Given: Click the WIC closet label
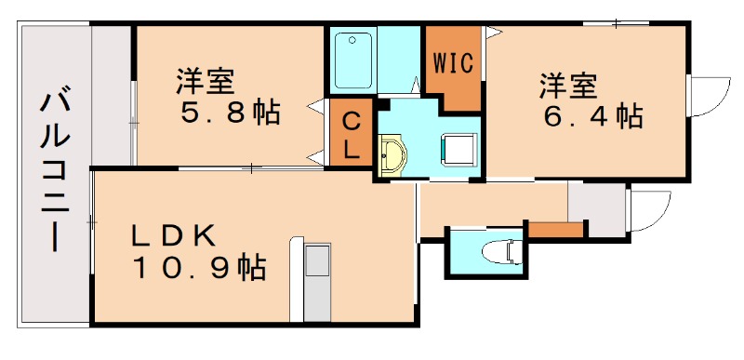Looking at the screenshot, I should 454,63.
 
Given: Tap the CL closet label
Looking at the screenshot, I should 352,136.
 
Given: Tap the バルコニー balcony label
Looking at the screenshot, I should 54,168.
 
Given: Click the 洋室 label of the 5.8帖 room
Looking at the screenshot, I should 206,81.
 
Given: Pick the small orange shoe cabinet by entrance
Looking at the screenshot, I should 555,229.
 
